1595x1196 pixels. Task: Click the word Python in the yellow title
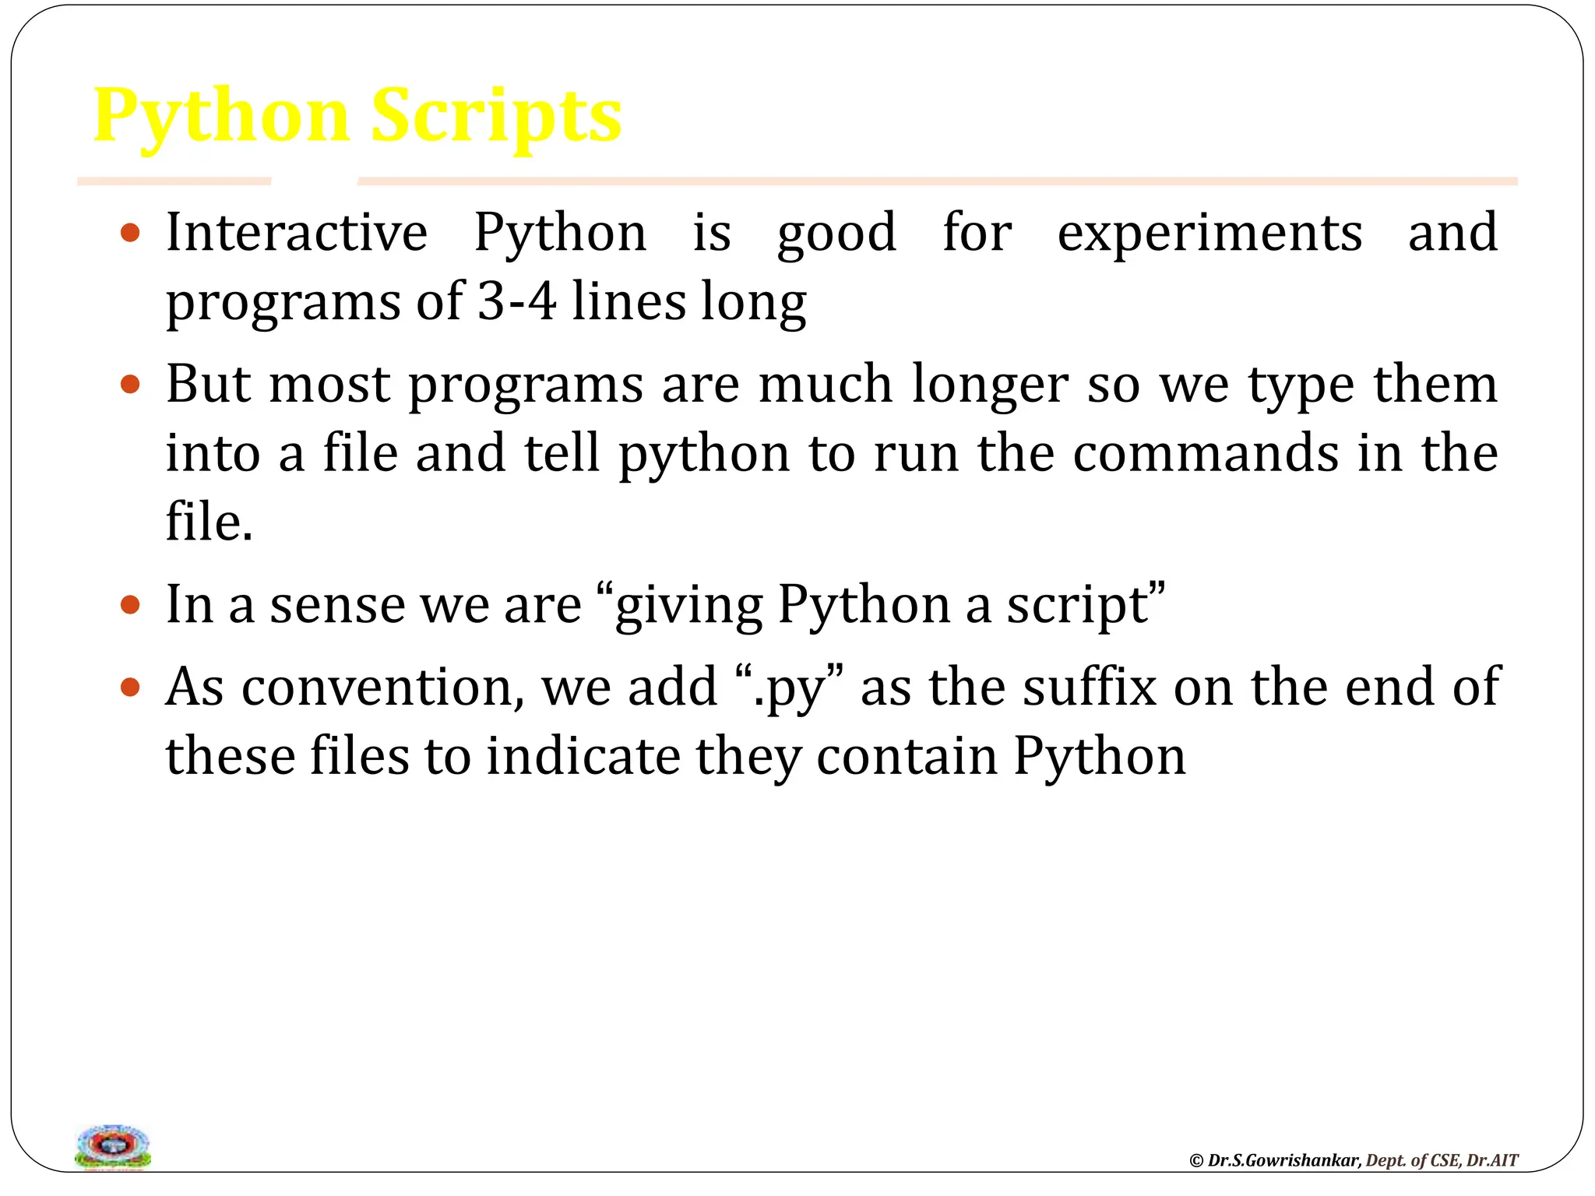tap(221, 117)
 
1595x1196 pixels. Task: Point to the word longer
tap(990, 385)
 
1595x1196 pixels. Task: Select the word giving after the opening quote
tap(688, 606)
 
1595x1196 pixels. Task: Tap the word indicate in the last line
tap(583, 756)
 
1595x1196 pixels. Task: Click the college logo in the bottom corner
tap(113, 1146)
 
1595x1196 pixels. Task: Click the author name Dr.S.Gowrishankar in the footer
tap(1283, 1160)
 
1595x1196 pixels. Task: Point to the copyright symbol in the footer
tap(1196, 1161)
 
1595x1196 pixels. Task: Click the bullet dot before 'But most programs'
tap(131, 385)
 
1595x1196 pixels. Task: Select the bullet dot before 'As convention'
tap(131, 687)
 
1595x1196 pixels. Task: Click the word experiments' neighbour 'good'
tap(836, 234)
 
